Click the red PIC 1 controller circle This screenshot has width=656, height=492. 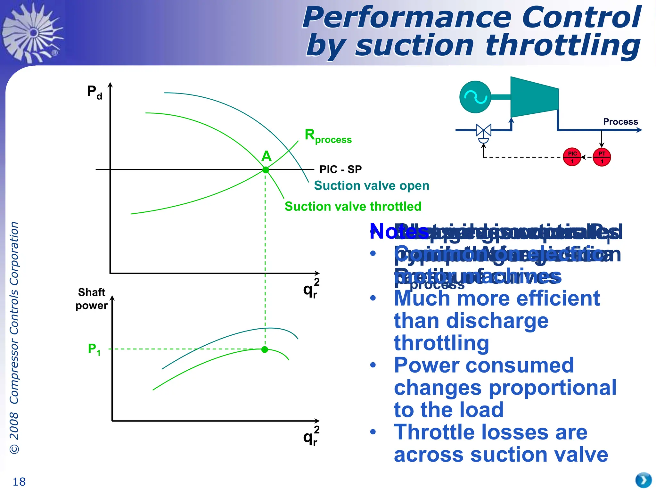pos(572,157)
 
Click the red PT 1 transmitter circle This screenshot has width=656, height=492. pos(602,157)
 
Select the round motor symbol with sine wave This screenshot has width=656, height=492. pos(475,97)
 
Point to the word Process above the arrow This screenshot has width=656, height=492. pos(620,122)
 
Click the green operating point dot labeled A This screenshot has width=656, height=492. pos(266,170)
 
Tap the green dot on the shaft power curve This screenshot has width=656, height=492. pos(265,349)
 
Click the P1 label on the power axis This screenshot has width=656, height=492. pos(94,349)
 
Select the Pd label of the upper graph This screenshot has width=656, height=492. pos(94,92)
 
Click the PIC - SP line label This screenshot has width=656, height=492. pos(340,169)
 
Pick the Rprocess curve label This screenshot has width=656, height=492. pos(328,136)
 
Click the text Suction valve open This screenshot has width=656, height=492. pos(371,186)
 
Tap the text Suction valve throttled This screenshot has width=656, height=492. pos(353,207)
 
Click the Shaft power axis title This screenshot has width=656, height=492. pos(92,299)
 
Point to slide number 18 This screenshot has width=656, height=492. pos(19,482)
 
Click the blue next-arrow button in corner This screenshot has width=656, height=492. pos(643,480)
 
